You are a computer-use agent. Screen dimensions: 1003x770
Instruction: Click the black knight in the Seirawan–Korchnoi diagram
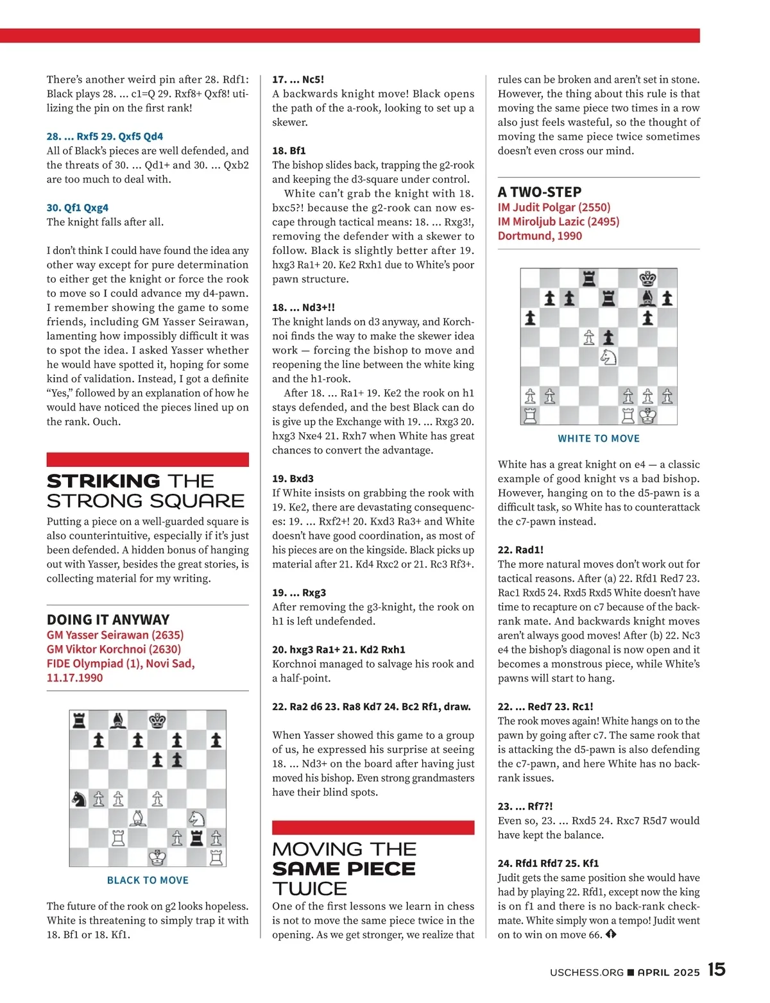click(79, 798)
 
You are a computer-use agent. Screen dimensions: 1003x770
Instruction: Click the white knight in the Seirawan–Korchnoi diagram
click(197, 818)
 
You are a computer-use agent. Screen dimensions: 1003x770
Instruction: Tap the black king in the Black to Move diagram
click(157, 721)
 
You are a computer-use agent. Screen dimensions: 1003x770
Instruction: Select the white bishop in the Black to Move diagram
click(138, 818)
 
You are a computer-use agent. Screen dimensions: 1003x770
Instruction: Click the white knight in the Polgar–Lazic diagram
click(608, 357)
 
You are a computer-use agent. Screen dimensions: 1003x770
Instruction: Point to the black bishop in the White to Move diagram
click(648, 298)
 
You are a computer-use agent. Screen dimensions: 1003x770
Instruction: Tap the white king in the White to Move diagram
click(648, 416)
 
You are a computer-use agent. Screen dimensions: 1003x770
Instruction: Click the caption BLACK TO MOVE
click(148, 881)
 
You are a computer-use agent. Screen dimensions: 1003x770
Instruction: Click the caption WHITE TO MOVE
click(599, 439)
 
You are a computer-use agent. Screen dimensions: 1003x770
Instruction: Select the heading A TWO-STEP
click(540, 192)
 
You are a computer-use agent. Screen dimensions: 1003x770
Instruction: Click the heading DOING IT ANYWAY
click(108, 619)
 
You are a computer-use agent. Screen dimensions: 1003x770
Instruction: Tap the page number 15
click(717, 970)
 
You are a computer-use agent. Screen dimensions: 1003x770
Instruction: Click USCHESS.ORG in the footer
click(586, 972)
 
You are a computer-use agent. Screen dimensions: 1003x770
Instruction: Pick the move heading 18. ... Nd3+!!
click(304, 307)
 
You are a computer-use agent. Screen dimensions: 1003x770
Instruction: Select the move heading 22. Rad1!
click(520, 550)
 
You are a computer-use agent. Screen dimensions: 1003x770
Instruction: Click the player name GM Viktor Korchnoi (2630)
click(114, 649)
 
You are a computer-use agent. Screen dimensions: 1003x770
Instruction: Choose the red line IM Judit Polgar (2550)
click(554, 207)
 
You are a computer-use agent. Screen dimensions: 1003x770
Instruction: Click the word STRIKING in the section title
click(103, 481)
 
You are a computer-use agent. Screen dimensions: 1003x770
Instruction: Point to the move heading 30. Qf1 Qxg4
click(77, 207)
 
